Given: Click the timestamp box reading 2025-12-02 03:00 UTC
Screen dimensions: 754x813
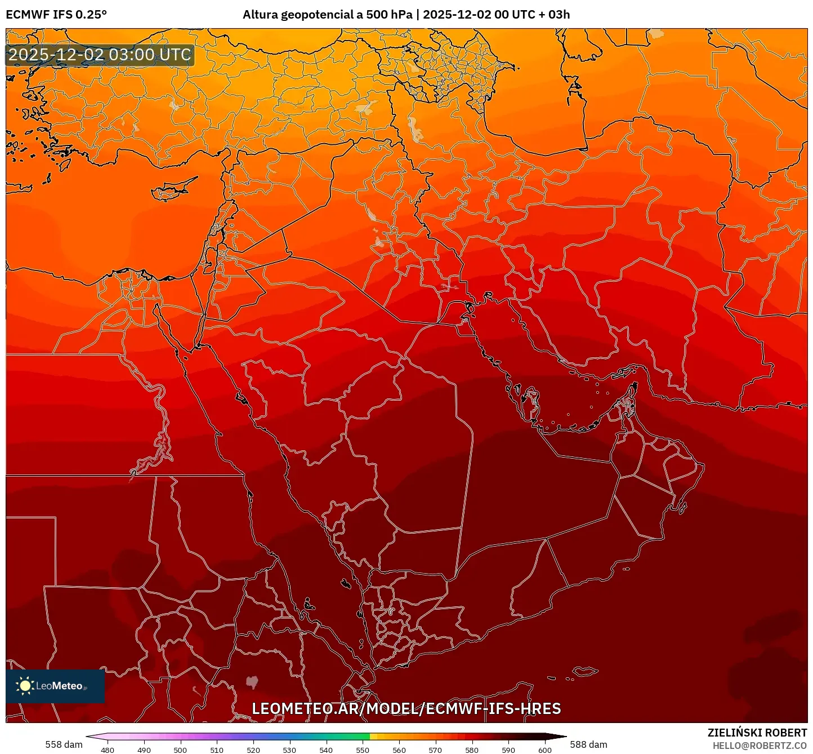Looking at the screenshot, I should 100,55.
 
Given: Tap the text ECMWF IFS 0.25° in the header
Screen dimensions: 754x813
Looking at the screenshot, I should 56,15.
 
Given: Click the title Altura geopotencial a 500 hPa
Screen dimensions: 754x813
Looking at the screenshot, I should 327,15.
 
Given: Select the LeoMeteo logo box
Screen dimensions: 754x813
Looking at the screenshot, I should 55,686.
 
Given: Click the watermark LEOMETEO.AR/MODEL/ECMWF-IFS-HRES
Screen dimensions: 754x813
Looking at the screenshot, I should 406,708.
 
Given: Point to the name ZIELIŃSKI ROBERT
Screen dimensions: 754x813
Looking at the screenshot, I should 757,733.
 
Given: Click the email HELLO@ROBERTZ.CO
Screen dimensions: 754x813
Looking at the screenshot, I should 760,746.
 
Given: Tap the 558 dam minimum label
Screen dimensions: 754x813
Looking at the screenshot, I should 64,744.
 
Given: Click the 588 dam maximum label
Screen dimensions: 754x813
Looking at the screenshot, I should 588,744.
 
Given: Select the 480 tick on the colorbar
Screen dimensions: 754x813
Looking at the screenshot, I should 108,750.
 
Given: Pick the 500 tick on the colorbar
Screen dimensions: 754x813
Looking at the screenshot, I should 180,750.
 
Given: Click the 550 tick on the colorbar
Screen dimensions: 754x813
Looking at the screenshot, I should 363,750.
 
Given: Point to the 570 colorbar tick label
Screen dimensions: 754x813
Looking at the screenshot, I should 435,750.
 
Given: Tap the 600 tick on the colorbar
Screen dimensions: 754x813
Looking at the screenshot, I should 544,750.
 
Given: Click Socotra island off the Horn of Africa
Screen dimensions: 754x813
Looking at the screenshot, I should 586,671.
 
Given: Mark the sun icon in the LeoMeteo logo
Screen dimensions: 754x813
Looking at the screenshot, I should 25,686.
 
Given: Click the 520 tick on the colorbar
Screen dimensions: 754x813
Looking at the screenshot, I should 253,750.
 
